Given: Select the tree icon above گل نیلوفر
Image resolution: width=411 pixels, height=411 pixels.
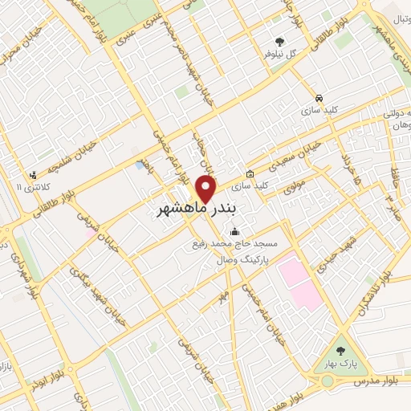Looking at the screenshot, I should [x=279, y=42].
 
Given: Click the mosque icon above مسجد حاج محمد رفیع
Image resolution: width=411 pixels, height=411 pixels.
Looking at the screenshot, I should [x=234, y=229].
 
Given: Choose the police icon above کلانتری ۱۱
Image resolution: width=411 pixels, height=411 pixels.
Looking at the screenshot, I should [x=32, y=175].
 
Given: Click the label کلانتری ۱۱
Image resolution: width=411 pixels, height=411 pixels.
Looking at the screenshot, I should [x=33, y=187].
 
